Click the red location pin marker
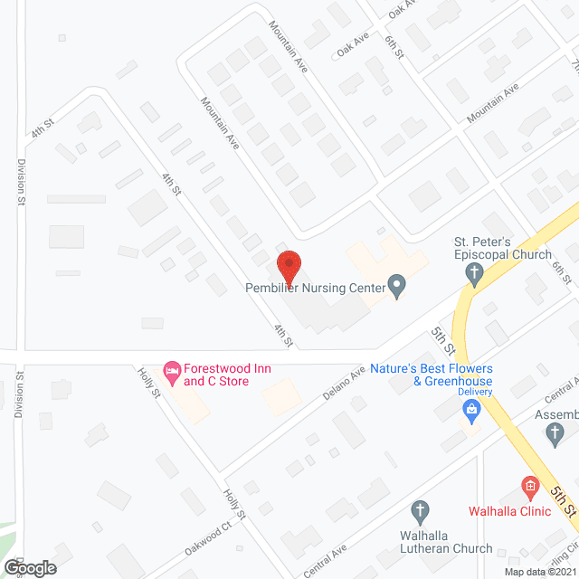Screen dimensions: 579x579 coord(288,265)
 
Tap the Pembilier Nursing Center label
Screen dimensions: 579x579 coord(315,289)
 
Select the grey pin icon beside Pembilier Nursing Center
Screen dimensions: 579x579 coord(396,288)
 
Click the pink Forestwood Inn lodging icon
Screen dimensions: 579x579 coord(170,369)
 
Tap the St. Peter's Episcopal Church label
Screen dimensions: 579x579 coord(502,248)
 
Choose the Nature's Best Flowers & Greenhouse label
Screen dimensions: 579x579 coord(443,375)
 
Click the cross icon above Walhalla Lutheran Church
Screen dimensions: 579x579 coord(419,511)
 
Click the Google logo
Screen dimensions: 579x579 coord(29,568)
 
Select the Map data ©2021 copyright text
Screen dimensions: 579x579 coord(539,572)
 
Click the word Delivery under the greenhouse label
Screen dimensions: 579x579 coord(474,392)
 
